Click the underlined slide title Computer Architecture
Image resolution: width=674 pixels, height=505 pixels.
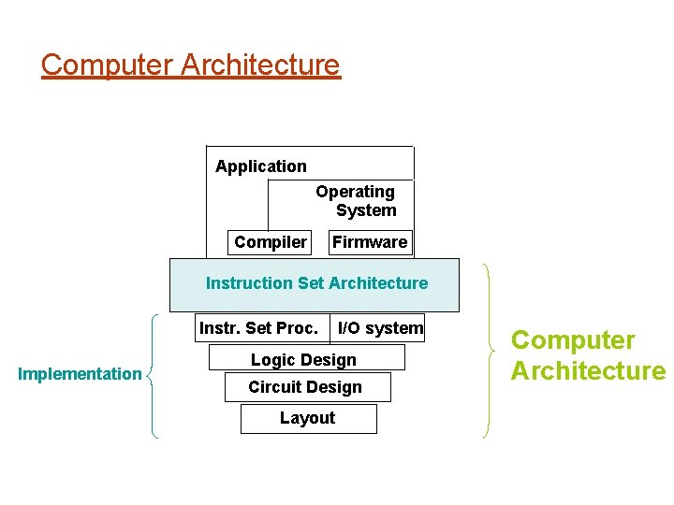[191, 65]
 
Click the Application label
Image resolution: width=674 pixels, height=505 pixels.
[260, 166]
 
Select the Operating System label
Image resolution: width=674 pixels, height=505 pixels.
[357, 201]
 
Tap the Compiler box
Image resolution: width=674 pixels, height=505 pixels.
[271, 242]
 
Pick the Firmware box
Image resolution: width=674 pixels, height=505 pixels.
[370, 242]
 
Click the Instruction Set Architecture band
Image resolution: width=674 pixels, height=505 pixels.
[316, 283]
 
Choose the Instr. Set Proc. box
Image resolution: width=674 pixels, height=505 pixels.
[259, 327]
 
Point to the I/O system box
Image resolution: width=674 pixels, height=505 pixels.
[380, 327]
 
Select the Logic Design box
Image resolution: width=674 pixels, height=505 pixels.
[305, 359]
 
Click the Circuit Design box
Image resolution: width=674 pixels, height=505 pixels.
[306, 387]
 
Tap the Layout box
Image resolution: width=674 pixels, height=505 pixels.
[308, 418]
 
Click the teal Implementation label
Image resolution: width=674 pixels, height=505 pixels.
[80, 374]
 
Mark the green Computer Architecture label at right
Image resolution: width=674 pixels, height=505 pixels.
[588, 355]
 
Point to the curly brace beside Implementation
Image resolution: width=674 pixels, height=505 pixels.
[153, 374]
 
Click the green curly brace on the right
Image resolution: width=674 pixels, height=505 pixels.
[487, 351]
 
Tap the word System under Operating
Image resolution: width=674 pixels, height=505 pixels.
[366, 211]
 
